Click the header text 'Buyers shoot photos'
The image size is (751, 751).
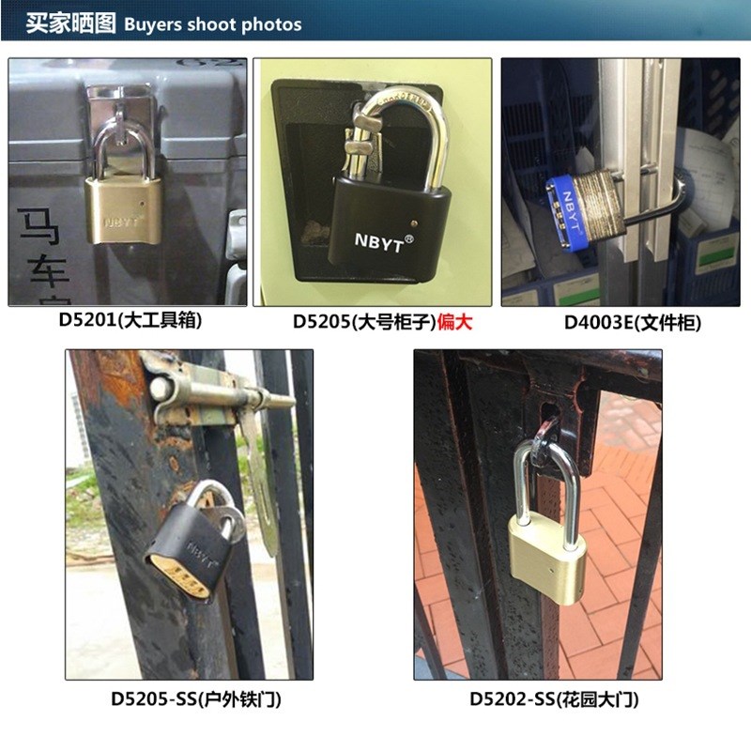(x=212, y=23)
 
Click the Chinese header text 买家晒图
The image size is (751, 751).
(x=70, y=23)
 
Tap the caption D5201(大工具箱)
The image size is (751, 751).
(x=130, y=320)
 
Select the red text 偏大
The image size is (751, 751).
(x=455, y=321)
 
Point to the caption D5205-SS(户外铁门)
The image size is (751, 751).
(x=194, y=699)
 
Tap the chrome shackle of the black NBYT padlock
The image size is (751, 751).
(x=404, y=131)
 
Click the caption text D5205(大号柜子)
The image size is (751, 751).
(x=363, y=321)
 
